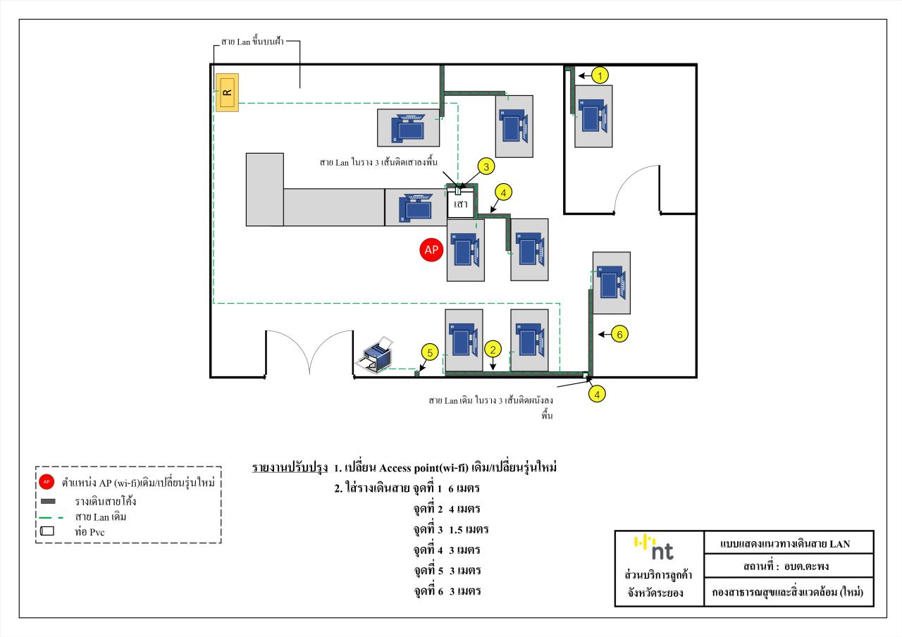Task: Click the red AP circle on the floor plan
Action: pos(431,250)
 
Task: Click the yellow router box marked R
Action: pos(227,92)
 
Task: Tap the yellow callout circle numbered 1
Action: pos(599,75)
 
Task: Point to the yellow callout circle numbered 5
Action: pos(429,352)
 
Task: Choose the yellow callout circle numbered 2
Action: pos(494,349)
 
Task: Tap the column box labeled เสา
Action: pos(461,204)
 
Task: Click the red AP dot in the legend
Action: pos(47,483)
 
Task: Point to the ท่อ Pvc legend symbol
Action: pos(47,531)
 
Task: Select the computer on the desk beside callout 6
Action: pos(610,282)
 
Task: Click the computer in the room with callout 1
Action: pos(593,116)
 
